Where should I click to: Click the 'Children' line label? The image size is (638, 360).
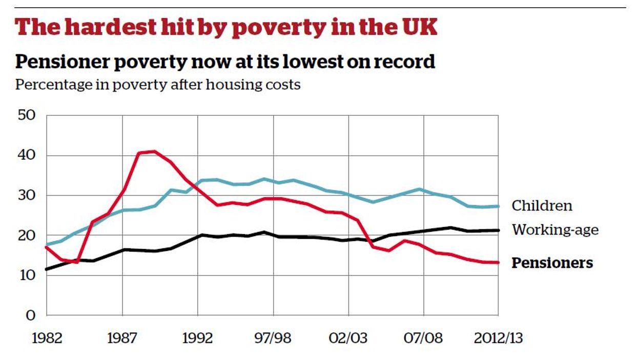[x=542, y=206]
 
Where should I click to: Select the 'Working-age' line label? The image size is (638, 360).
[x=555, y=230]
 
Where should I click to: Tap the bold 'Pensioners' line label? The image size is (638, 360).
[x=552, y=263]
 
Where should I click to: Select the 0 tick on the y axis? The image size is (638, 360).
[x=30, y=315]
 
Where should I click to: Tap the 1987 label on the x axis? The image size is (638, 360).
[x=122, y=339]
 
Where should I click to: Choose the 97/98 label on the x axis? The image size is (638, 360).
[x=273, y=339]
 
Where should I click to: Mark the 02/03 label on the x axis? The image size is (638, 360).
[x=348, y=339]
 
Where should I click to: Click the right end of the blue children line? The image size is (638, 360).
[x=498, y=206]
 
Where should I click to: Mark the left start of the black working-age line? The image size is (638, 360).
[x=47, y=269]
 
